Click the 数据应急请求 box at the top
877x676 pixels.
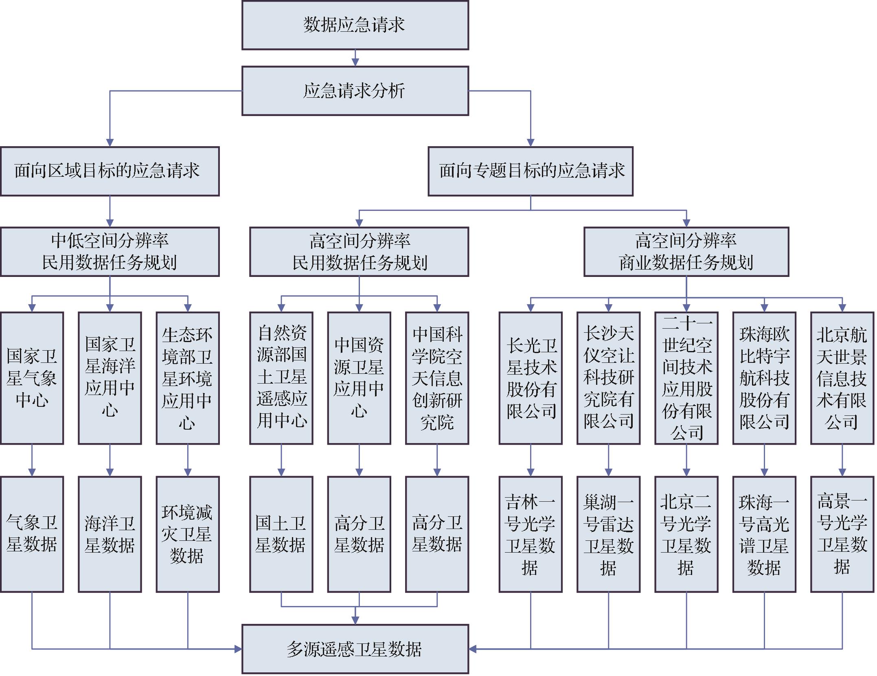(x=355, y=25)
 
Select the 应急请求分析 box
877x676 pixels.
(x=355, y=91)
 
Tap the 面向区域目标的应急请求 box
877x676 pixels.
(x=110, y=171)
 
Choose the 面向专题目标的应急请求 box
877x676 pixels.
(x=530, y=171)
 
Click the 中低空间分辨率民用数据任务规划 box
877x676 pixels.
(x=110, y=252)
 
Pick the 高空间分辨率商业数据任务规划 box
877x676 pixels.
(x=686, y=252)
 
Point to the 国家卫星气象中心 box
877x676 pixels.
(x=32, y=378)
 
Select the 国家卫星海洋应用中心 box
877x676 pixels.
(x=110, y=378)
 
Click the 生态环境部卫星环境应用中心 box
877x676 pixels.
(x=187, y=378)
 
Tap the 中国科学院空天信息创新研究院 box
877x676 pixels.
(x=437, y=378)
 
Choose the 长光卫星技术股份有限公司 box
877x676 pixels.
(x=530, y=378)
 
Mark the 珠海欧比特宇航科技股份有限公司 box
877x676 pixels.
(x=764, y=378)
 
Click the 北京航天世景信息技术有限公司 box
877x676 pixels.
(x=842, y=378)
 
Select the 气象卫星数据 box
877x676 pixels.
(x=32, y=534)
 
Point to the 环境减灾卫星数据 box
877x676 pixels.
(x=187, y=534)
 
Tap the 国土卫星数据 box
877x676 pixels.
(x=281, y=534)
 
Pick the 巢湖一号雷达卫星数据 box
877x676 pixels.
(x=608, y=534)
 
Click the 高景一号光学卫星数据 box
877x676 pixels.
(x=842, y=534)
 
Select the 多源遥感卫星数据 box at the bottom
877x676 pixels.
(x=355, y=649)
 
